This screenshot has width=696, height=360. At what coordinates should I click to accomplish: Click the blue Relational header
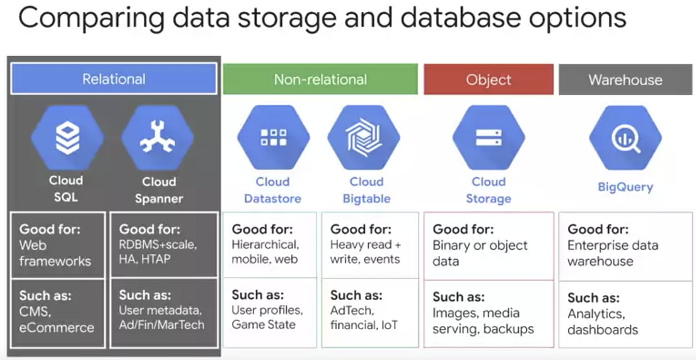pos(113,79)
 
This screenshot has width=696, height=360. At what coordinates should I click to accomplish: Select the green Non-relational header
pos(320,79)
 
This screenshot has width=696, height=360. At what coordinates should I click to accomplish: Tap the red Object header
pos(489,79)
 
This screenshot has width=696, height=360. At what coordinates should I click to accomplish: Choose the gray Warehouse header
pos(625,80)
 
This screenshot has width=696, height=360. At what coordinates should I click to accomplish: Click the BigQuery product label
pos(625,187)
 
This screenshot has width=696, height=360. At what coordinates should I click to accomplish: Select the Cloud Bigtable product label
pos(366,190)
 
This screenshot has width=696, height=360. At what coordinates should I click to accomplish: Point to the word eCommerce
pos(57,328)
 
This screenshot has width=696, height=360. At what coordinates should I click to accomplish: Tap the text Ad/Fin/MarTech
pos(161,325)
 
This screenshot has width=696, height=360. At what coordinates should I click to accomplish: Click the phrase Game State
pos(264,325)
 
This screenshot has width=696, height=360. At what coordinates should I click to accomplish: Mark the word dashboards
pos(603,330)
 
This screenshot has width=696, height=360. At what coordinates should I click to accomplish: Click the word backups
pos(505,329)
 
